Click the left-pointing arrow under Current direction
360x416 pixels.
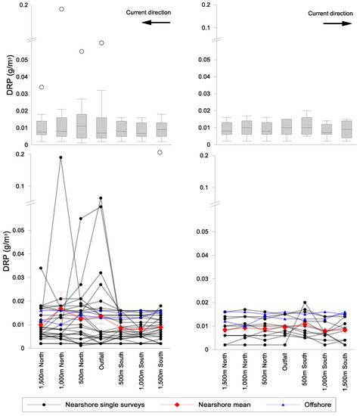pyautogui.click(x=157, y=23)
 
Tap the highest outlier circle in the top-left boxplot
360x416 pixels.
pyautogui.click(x=61, y=9)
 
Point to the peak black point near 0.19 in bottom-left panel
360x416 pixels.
pyautogui.click(x=61, y=157)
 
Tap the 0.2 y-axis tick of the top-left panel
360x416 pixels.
pyautogui.click(x=24, y=5)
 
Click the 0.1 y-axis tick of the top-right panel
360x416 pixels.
pyautogui.click(x=204, y=28)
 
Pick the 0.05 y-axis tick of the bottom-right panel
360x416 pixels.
pyautogui.click(x=201, y=228)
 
